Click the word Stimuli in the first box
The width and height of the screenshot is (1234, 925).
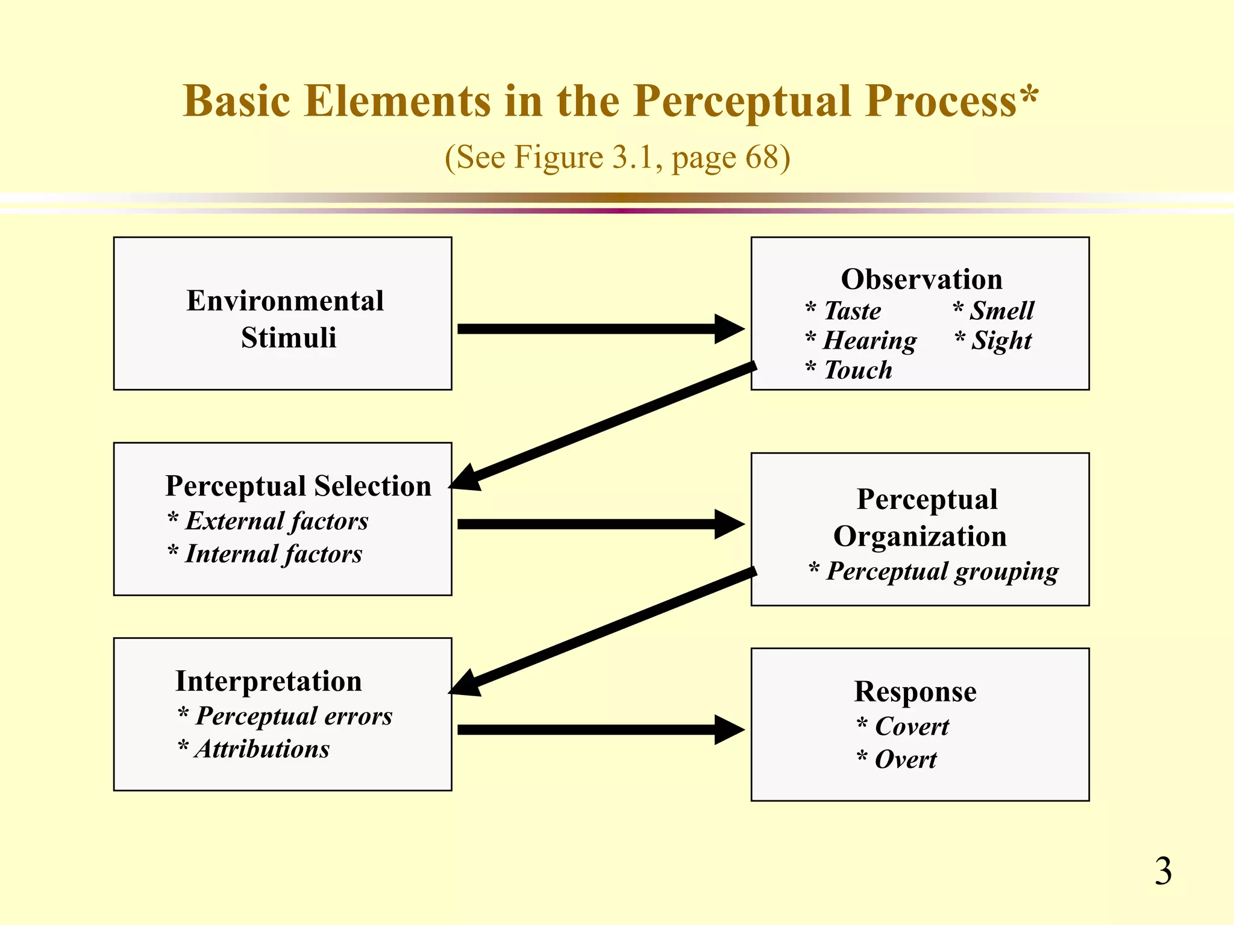coord(289,338)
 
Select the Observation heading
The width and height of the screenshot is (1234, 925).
coord(921,279)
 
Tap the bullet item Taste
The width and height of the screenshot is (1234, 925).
coord(851,311)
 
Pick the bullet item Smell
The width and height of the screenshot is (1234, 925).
coord(1001,311)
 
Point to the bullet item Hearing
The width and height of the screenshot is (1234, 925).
coord(869,341)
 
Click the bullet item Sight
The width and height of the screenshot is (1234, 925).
coord(1001,341)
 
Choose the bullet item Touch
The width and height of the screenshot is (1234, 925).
coord(857,370)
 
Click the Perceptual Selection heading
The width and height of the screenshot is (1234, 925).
coord(298,486)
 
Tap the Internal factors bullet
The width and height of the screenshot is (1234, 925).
coord(273,554)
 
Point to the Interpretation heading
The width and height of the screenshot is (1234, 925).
coord(269,681)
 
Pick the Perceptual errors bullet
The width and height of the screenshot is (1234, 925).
coord(293,717)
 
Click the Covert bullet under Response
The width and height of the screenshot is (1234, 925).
coord(911,727)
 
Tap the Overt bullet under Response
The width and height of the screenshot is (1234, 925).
coord(905,760)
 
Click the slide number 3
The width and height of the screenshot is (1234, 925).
coord(1163,871)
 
